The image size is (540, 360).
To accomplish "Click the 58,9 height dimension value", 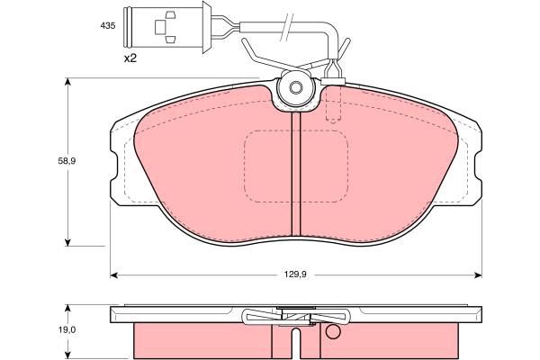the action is point(67,161).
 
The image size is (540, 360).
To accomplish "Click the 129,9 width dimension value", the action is point(295,274).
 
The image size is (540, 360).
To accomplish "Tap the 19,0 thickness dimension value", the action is point(67,330).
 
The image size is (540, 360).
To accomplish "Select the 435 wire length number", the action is point(108,26).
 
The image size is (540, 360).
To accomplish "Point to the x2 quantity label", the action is point(130,58).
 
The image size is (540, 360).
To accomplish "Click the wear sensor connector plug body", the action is point(163,27).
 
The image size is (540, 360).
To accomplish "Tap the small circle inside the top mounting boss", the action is point(295,88).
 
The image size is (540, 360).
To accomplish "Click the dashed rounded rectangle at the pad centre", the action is point(296,166).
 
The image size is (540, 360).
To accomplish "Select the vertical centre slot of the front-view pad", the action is point(296,174).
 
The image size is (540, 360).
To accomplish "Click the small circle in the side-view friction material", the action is point(333,331).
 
